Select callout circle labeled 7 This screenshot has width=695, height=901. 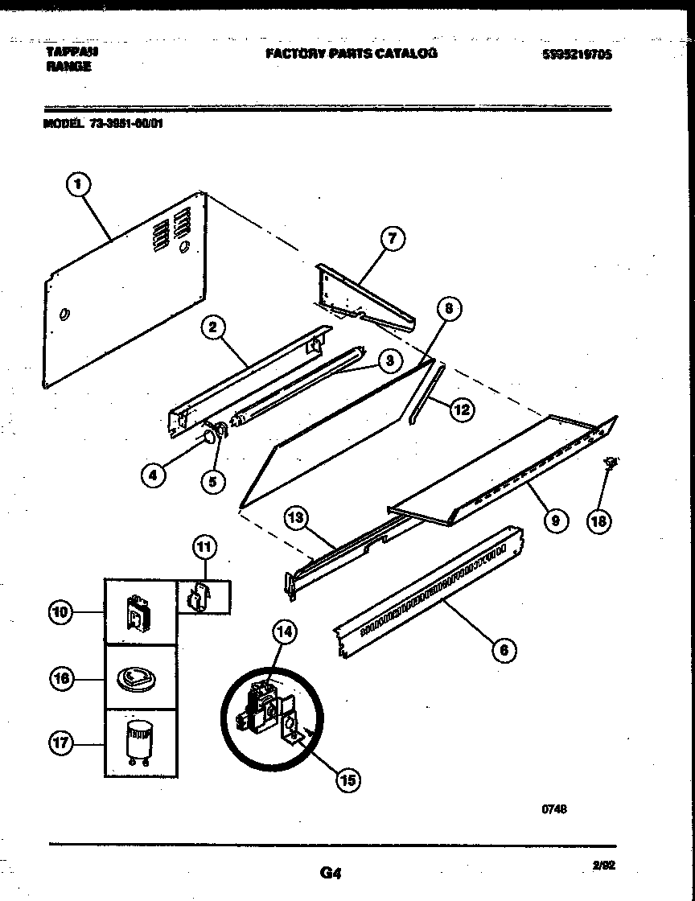pyautogui.click(x=391, y=238)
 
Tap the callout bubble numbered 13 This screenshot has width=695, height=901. pyautogui.click(x=295, y=519)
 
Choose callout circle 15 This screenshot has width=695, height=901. pyautogui.click(x=347, y=779)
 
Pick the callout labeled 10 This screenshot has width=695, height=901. pyautogui.click(x=60, y=613)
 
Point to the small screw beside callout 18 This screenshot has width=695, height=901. pyautogui.click(x=611, y=462)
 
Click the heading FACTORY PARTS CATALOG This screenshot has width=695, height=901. pyautogui.click(x=352, y=53)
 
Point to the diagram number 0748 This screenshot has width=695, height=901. pyautogui.click(x=554, y=810)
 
